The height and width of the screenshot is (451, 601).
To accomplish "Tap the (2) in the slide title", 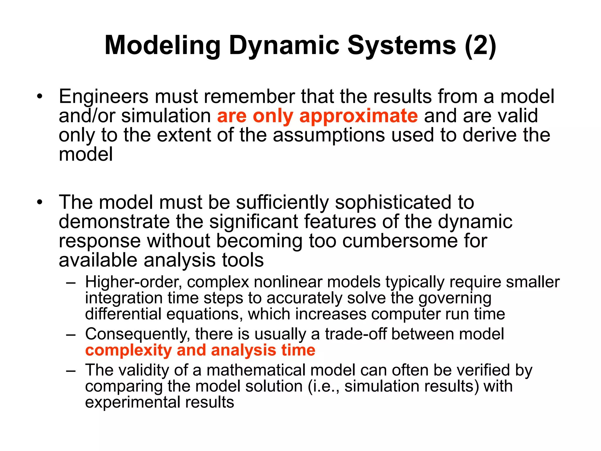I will pyautogui.click(x=480, y=46).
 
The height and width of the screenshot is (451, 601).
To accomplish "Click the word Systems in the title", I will pyautogui.click(x=401, y=46).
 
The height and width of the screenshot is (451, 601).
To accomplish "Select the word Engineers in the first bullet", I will pyautogui.click(x=104, y=97).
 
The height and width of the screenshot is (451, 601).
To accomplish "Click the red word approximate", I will pyautogui.click(x=358, y=116).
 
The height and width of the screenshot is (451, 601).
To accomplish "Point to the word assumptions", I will pyautogui.click(x=329, y=135).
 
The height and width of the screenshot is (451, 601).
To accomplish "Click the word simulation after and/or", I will pyautogui.click(x=166, y=116).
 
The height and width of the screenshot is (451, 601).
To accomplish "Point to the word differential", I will pyautogui.click(x=123, y=314).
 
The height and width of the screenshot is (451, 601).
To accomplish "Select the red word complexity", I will pyautogui.click(x=129, y=351).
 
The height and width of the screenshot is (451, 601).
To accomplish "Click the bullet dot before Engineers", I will pyautogui.click(x=40, y=97).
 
